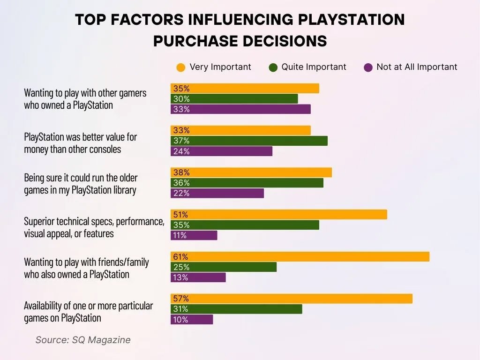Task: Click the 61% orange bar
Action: coord(300,256)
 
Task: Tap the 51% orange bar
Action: coord(279,214)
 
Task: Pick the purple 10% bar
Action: coord(192,319)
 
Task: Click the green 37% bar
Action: coord(249,141)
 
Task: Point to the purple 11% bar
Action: coord(194,235)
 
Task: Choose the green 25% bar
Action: coord(224,267)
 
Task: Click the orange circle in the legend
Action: coord(180,67)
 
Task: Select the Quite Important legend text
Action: coord(314,67)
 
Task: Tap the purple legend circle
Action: coord(368,67)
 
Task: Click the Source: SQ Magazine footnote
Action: coord(83,340)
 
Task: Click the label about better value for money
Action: coord(80,143)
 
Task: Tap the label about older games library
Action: coord(81,184)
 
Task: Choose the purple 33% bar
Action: coord(240,109)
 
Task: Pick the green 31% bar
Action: coord(236,309)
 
